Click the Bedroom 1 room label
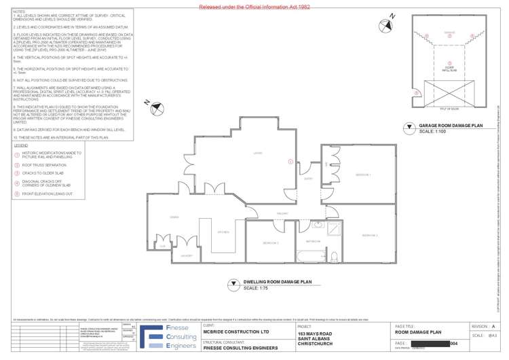362,175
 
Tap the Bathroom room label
313,241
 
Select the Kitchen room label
223,232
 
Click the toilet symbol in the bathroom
335,256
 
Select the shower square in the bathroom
335,228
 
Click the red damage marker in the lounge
290,162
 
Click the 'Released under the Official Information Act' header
254,6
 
